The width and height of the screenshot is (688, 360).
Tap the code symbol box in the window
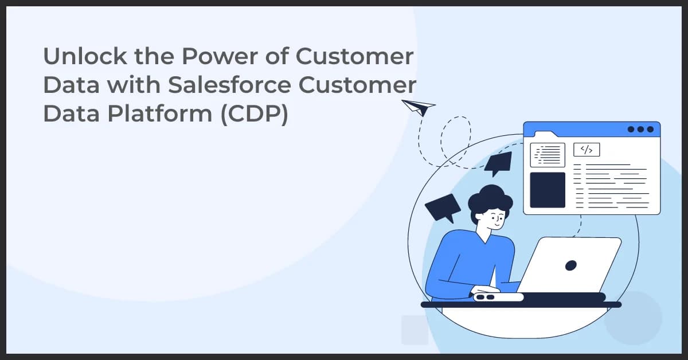[586, 150]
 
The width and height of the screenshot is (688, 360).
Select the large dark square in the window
[547, 190]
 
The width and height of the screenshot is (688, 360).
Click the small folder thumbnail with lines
[547, 154]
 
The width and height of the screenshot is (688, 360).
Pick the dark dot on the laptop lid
[570, 265]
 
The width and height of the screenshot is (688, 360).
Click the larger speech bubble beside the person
[443, 207]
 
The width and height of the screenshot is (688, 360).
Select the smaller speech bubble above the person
[498, 163]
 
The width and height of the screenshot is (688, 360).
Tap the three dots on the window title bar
[640, 129]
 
